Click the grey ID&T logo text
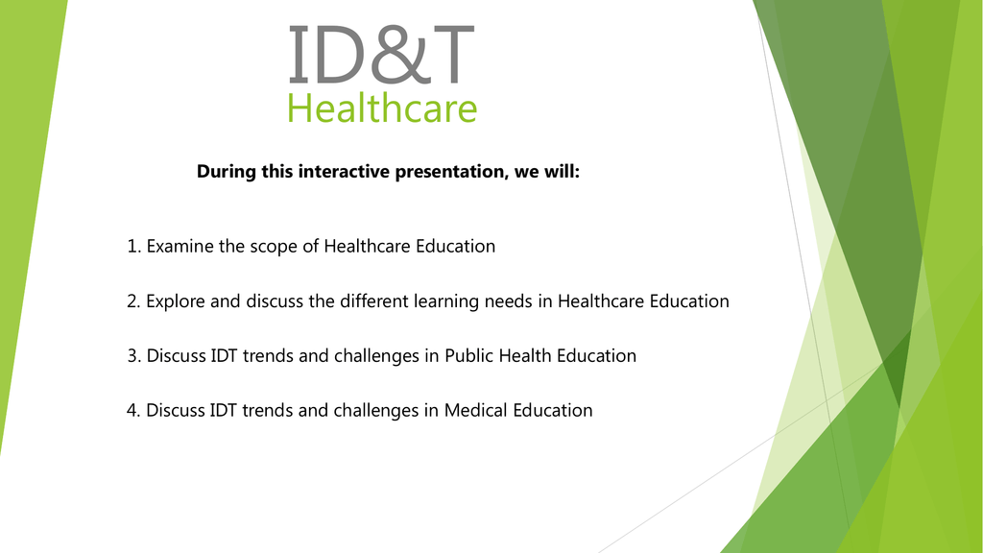[x=381, y=55]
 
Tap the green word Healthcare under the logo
[x=382, y=108]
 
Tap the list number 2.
[x=132, y=301]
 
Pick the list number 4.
[x=132, y=411]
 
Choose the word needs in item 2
[x=509, y=301]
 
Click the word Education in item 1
[x=456, y=246]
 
